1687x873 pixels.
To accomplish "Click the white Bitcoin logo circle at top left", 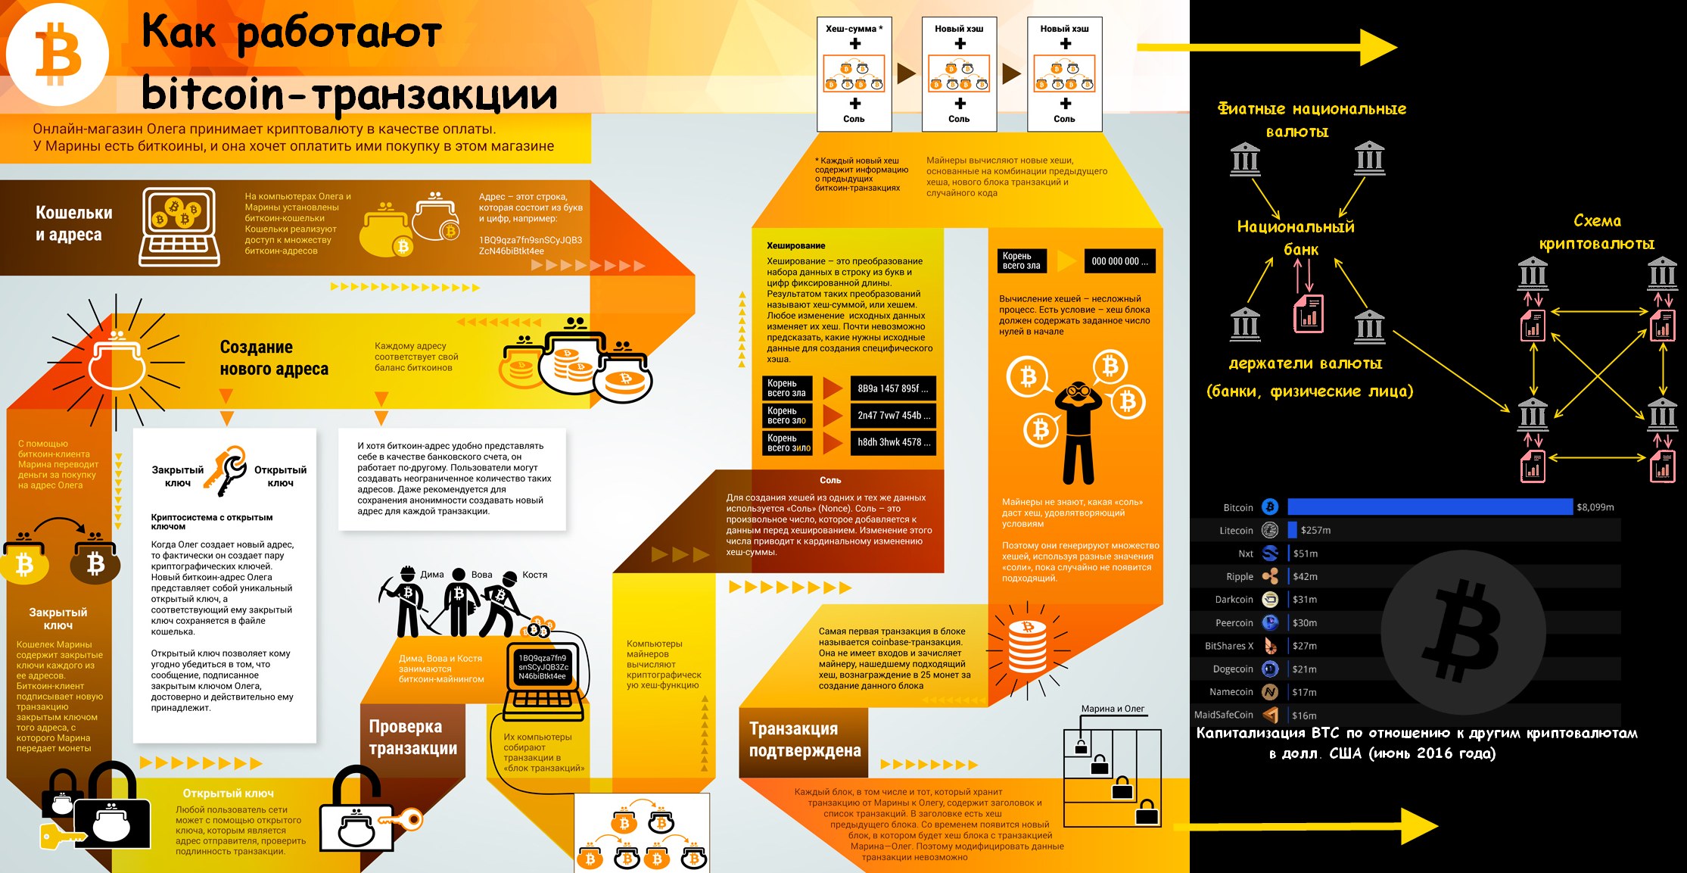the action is (x=58, y=55).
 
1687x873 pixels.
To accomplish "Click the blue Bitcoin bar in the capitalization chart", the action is (x=1430, y=507).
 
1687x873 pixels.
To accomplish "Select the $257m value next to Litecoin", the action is (x=1315, y=531).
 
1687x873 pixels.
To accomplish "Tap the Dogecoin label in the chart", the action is (x=1233, y=669).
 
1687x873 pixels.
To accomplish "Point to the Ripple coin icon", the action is (x=1270, y=576).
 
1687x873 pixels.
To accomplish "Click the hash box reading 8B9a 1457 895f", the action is (x=892, y=388).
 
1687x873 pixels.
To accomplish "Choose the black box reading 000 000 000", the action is (x=1119, y=261).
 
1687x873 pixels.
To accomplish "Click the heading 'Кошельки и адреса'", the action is (x=73, y=224).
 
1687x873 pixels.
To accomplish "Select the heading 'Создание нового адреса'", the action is (x=274, y=358).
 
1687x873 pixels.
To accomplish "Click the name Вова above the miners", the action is (x=481, y=575).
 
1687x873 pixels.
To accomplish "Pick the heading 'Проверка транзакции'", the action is (x=413, y=737).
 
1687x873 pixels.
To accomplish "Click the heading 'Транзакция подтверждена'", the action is (x=805, y=740).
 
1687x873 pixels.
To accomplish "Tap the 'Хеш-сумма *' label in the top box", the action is (x=854, y=29).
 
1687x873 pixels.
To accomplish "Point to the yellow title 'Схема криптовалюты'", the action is (x=1597, y=232).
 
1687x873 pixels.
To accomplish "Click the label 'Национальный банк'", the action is (x=1296, y=238).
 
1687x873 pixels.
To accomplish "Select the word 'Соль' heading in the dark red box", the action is (x=830, y=480).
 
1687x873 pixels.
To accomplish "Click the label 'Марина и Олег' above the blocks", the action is (x=1113, y=709).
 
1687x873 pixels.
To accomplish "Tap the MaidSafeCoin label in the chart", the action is (x=1223, y=715).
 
